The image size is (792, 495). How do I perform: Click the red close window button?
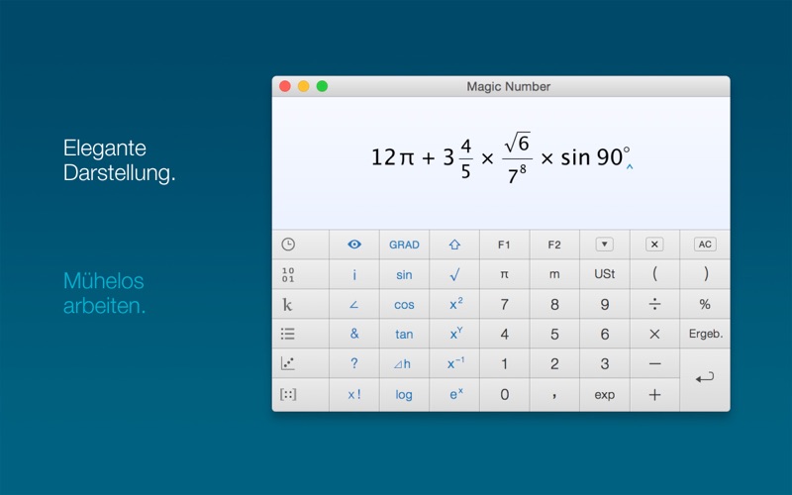coord(285,86)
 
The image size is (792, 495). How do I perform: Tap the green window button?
coord(323,86)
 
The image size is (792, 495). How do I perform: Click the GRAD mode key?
coord(404,245)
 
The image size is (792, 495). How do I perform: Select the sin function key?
coord(404,274)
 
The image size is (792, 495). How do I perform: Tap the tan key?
coord(404,334)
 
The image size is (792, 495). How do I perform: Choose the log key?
coord(404,394)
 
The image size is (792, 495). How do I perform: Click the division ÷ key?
coord(654,304)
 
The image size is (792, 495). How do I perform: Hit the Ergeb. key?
coord(706,334)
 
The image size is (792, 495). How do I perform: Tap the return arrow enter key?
coord(705,378)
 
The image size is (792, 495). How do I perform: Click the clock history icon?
coord(288,245)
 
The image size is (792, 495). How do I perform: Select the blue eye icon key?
coord(354,245)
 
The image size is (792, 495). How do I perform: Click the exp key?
coord(605,394)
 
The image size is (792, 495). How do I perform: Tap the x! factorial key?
coord(354,394)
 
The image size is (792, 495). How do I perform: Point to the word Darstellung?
coord(119,173)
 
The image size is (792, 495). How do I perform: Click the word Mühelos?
coord(104,281)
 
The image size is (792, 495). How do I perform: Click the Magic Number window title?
coord(508,86)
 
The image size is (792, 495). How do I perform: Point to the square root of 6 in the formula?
coord(517,142)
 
